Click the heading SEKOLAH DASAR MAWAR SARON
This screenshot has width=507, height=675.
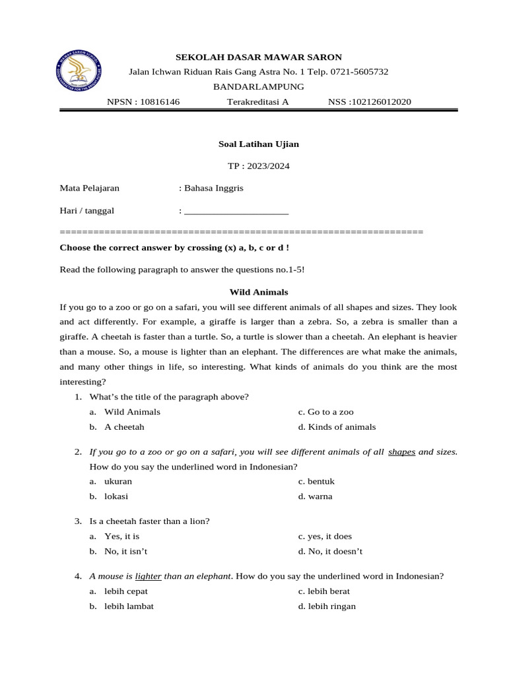(258, 57)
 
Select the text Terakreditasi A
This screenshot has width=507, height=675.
(258, 102)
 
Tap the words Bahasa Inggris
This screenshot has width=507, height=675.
(214, 188)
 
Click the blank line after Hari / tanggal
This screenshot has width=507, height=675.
(236, 211)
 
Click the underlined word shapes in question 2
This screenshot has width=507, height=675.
(401, 452)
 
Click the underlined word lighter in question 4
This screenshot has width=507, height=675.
(148, 576)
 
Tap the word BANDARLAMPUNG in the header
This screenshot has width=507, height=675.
(258, 86)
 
